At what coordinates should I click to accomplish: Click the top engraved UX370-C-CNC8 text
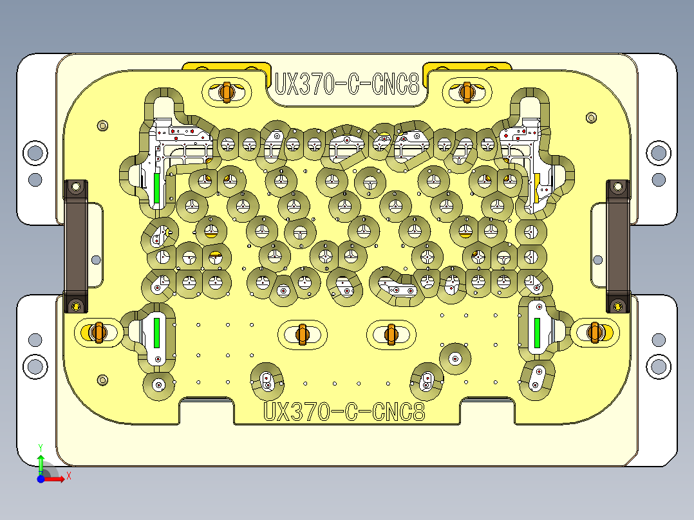(347, 84)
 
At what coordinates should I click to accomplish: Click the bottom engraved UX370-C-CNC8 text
(345, 411)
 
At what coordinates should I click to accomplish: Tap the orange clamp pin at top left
(226, 91)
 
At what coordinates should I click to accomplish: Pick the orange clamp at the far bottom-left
(98, 332)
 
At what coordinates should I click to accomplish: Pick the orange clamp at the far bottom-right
(596, 332)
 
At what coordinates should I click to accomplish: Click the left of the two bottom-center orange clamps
(302, 333)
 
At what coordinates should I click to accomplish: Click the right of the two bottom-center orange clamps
(390, 333)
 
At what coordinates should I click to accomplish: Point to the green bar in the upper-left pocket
(156, 186)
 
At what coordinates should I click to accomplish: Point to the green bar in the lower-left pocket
(156, 332)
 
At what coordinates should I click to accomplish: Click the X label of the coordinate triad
(68, 476)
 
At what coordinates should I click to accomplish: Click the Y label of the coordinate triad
(41, 447)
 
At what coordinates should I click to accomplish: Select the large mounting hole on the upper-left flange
(35, 153)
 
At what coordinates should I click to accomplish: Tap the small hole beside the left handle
(96, 259)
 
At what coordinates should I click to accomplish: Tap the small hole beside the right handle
(598, 259)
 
